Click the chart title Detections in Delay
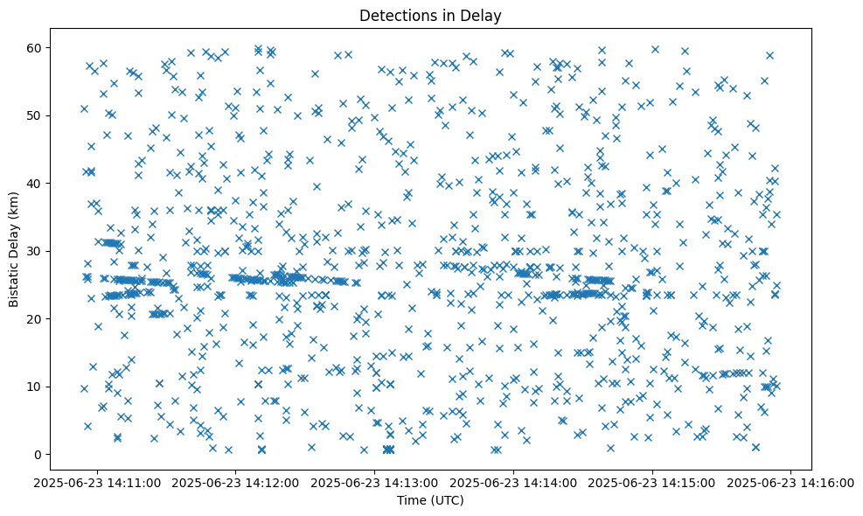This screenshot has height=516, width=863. [x=430, y=15]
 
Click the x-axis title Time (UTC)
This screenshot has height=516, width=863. [x=430, y=500]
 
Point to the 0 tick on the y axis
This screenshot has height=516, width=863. [x=38, y=455]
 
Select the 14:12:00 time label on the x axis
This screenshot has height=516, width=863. [x=236, y=482]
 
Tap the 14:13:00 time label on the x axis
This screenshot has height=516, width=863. [x=375, y=482]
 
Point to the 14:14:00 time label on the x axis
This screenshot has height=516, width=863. [x=514, y=482]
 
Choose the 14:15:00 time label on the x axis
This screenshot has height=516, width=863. [x=653, y=482]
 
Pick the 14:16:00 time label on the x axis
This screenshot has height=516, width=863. [x=792, y=482]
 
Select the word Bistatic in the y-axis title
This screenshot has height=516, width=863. [x=15, y=282]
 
